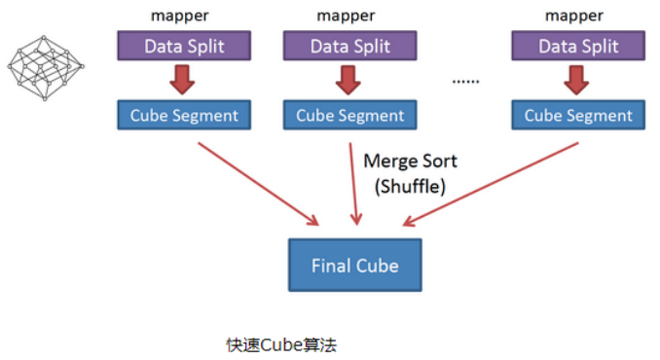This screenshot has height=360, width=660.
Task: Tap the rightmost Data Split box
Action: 577,46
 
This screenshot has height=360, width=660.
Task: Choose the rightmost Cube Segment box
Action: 577,115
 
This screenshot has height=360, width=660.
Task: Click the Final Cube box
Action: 354,265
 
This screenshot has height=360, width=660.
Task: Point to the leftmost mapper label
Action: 181,14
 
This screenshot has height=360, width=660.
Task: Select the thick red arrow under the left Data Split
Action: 181,80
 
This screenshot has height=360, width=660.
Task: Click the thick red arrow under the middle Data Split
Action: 348,80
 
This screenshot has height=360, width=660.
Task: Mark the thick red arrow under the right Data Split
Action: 577,80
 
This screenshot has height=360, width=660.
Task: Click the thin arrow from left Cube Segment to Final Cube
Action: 258,181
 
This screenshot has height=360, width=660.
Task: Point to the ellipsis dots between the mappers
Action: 466,80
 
